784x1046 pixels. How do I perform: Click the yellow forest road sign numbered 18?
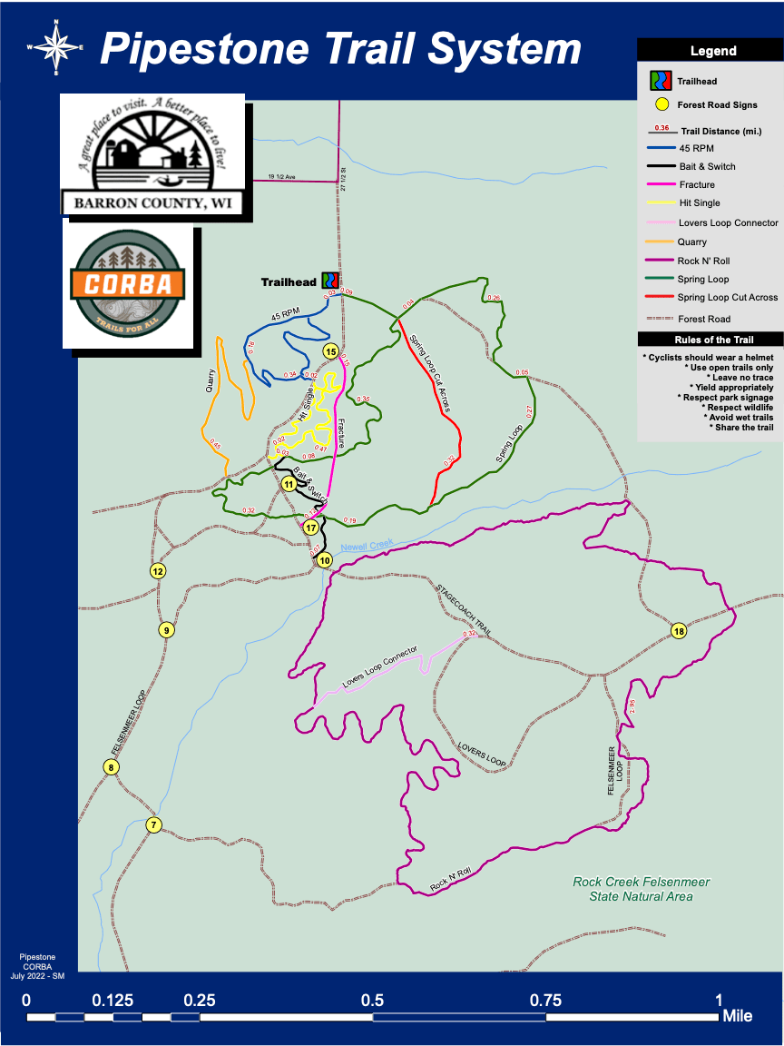tap(679, 631)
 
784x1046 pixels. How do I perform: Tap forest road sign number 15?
tap(331, 351)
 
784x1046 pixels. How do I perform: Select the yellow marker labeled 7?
tap(154, 825)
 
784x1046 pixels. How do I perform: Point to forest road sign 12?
tap(158, 571)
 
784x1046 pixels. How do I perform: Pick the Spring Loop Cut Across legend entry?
tap(727, 298)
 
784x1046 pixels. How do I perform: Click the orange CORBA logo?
tap(128, 283)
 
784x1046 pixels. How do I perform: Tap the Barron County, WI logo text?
tap(152, 202)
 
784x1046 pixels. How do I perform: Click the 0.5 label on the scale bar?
tap(372, 1000)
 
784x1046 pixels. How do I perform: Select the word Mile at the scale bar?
tap(737, 1016)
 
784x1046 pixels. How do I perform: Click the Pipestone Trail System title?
tap(340, 48)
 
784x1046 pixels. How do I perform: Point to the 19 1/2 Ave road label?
tap(282, 177)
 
